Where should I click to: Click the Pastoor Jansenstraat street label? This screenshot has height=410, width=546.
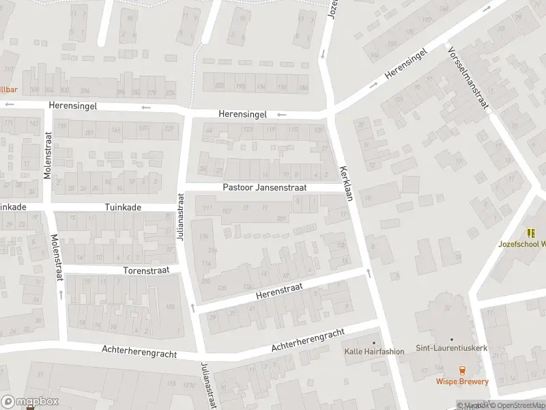(265, 187)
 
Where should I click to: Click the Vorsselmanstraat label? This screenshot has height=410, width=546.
(468, 78)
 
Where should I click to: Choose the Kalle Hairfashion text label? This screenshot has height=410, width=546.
(373, 352)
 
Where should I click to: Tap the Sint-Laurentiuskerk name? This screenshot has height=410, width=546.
(452, 348)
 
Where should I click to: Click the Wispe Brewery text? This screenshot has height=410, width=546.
(463, 382)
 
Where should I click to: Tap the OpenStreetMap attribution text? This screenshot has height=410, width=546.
(516, 405)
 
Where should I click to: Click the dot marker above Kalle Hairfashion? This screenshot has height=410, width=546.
(373, 342)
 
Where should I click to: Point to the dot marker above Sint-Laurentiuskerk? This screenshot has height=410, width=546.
(452, 339)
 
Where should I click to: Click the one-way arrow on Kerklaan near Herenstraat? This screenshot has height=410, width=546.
(369, 273)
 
